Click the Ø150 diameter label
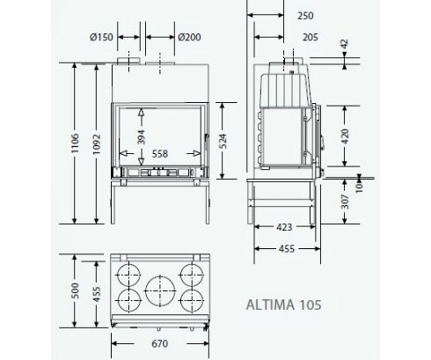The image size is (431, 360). [x=101, y=37]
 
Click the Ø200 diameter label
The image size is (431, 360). [x=190, y=37]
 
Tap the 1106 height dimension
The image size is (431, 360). [x=76, y=143]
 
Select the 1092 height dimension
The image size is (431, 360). [x=97, y=144]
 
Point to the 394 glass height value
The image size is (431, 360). [x=142, y=137]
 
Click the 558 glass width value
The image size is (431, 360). [x=160, y=154]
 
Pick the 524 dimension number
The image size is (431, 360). [x=223, y=141]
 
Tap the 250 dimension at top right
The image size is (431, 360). [x=305, y=16]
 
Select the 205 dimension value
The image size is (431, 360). [x=310, y=37]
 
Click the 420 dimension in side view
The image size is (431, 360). [x=346, y=136]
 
